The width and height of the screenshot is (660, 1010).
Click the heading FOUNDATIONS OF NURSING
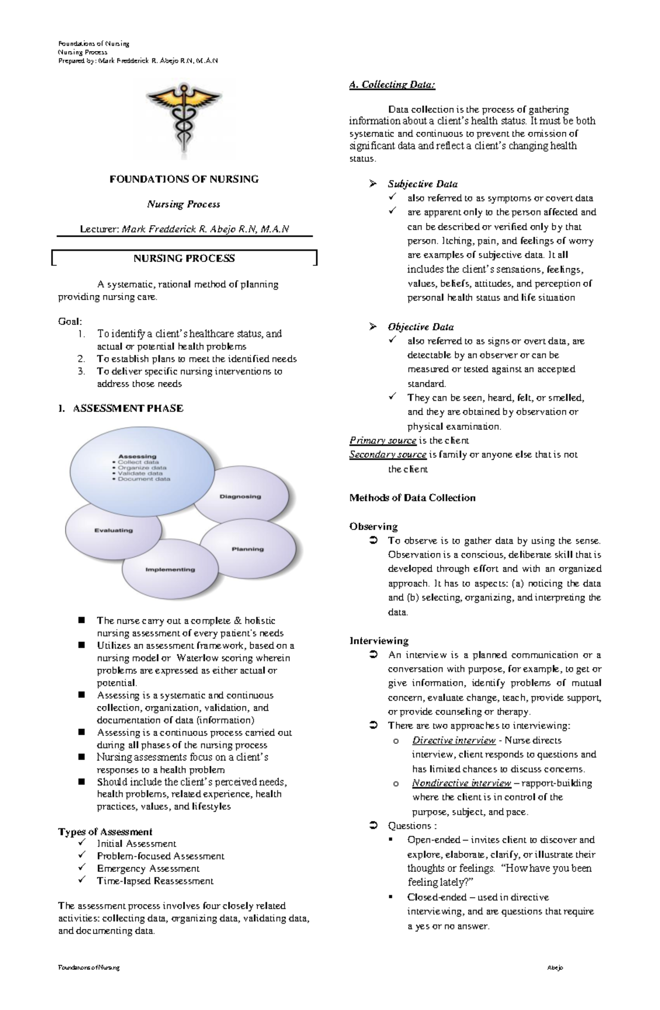pos(184,179)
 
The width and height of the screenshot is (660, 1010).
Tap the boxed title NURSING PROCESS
pos(184,258)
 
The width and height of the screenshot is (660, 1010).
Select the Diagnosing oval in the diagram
pos(240,496)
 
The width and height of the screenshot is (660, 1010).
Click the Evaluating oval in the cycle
pos(113,531)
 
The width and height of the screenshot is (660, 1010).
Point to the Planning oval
pos(248,549)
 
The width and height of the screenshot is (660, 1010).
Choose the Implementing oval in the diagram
pos(170,570)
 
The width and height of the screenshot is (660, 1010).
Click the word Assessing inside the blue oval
pos(137,456)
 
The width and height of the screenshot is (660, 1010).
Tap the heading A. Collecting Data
pos(392,85)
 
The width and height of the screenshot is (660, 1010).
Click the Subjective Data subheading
pos(422,184)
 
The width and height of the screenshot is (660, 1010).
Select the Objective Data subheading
pos(421,327)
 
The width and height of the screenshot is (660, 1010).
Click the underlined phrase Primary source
pos(383,440)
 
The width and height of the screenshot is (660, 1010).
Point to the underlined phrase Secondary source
pos(388,455)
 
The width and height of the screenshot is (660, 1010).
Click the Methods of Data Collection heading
pos(412,498)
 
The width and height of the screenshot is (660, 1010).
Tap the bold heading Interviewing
pos(378,641)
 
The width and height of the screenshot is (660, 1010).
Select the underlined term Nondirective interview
pos(461,783)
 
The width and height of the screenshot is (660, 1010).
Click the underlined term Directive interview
pos(454,740)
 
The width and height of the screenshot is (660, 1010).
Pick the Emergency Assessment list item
pos(148,869)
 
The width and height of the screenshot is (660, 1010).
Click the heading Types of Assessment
pos(105,832)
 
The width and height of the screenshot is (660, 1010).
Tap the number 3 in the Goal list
pos(81,372)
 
